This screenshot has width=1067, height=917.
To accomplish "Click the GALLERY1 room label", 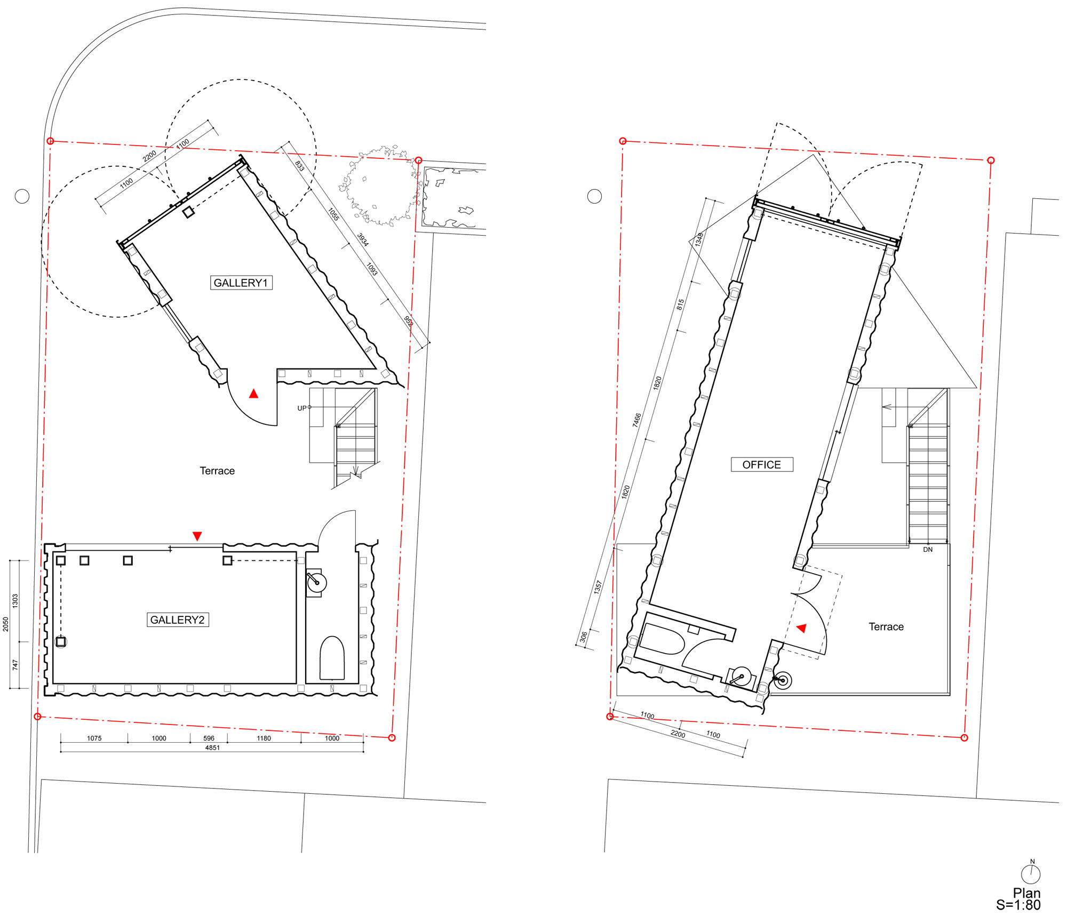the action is point(241,283).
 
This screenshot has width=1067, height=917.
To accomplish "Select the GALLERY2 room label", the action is point(178,620).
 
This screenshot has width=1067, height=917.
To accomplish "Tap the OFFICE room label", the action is point(762,464).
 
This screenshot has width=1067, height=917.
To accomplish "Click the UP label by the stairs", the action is point(302,408).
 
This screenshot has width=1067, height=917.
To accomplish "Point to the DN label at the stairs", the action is point(928,550).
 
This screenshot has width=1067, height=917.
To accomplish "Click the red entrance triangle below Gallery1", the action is point(254,393).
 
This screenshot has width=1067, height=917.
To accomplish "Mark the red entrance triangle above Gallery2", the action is point(197,536).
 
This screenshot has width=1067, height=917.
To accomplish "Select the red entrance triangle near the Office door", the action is point(801,628).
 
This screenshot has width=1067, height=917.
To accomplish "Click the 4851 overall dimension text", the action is point(212,748).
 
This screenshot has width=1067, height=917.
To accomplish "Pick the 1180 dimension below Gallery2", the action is point(264,738).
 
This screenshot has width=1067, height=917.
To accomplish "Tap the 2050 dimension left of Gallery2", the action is point(6,624).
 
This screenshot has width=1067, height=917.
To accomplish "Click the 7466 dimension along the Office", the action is point(637,420).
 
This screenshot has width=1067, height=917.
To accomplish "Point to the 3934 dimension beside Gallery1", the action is point(363,240).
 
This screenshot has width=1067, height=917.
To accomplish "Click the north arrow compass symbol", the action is point(1031,873).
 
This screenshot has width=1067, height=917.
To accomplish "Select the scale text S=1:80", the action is point(1018,905).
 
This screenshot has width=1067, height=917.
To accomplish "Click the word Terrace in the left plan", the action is point(217,471).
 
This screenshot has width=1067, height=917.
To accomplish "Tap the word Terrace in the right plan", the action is point(886,627).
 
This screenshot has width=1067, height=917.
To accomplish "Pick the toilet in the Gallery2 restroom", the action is point(332,658).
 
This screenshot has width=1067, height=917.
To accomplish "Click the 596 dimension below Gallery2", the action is point(209,738).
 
